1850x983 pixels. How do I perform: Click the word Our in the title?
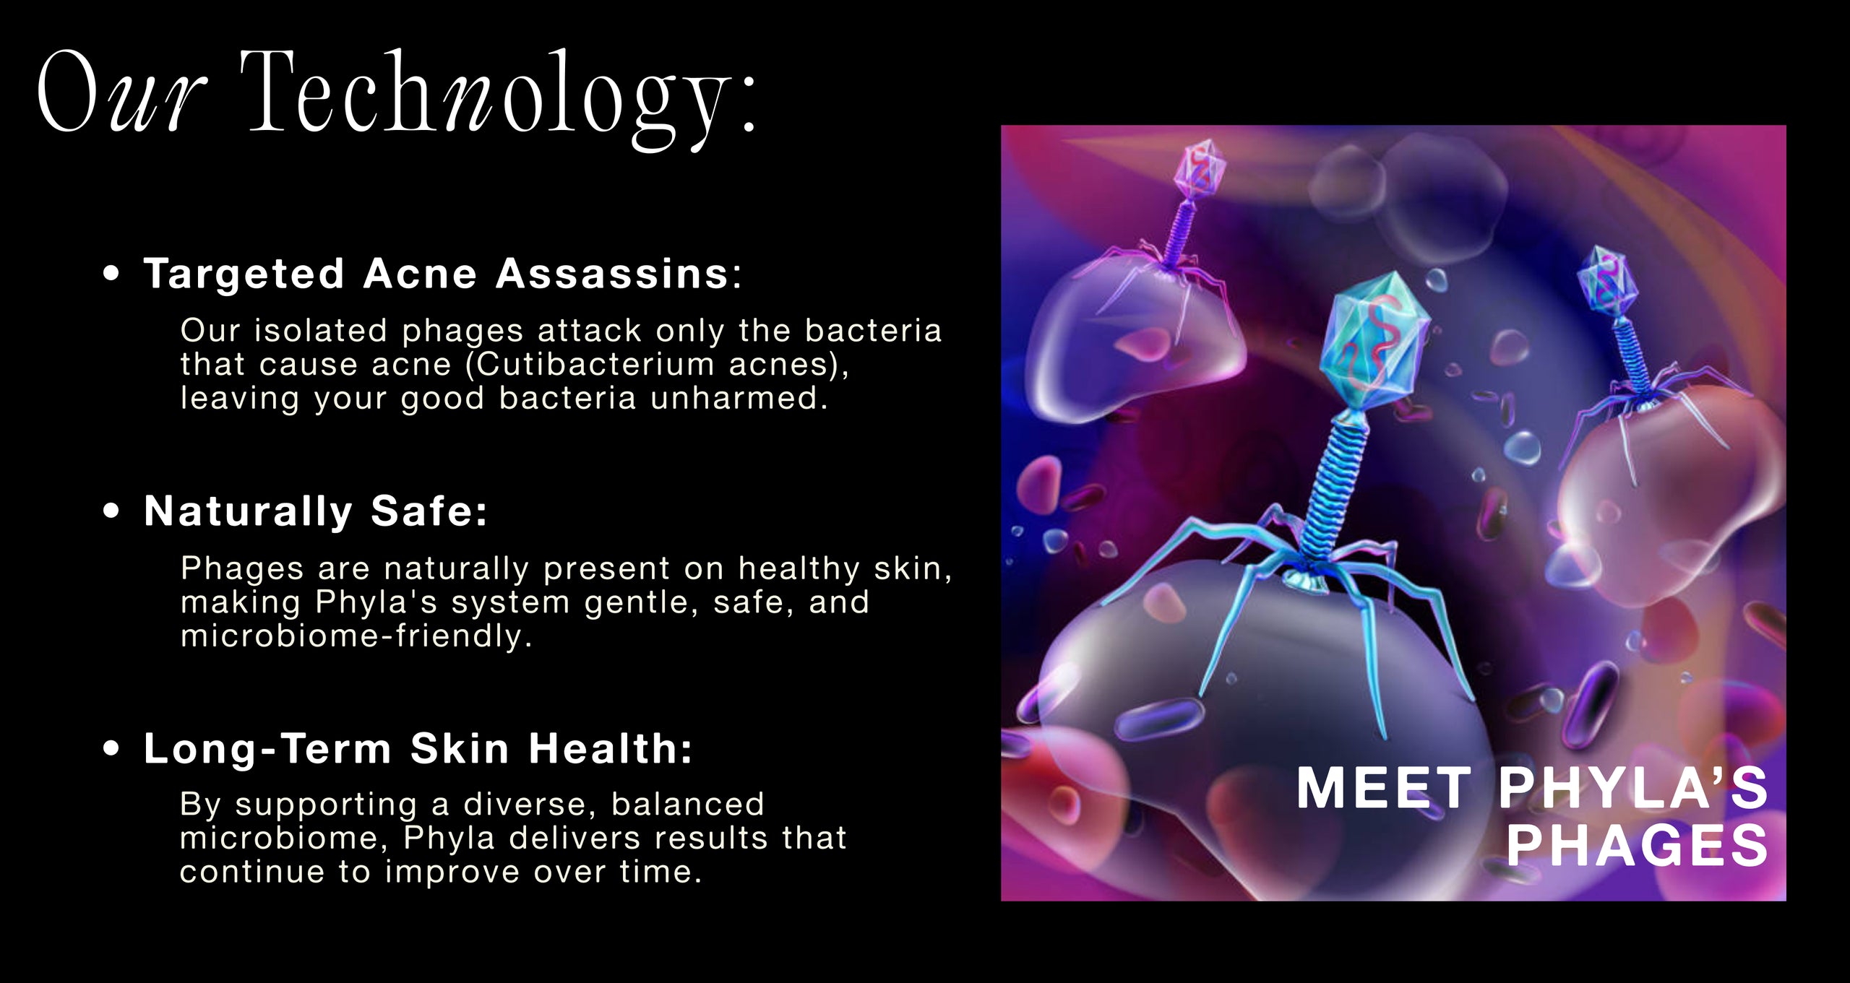coord(121,92)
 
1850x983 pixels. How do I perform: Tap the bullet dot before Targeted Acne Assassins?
coord(111,274)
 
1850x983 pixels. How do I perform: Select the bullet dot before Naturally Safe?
coord(111,511)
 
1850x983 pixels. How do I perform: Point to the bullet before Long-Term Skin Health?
coord(111,748)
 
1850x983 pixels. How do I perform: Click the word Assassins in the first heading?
coord(612,274)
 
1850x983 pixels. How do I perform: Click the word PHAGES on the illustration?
coord(1638,845)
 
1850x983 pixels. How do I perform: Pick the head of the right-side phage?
coord(1606,282)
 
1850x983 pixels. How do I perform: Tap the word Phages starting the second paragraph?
coord(242,568)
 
